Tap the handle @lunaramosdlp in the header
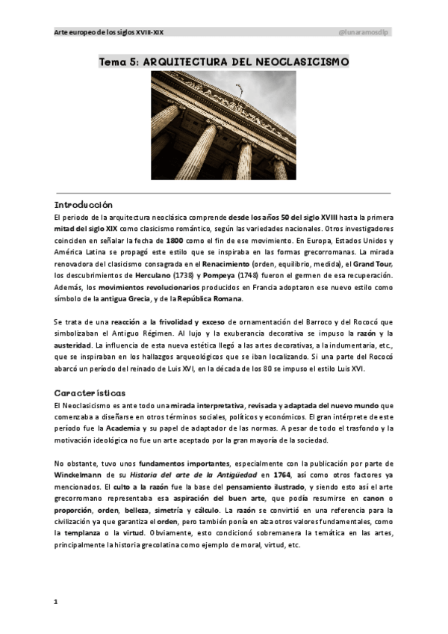pos(365,32)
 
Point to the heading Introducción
pos(83,203)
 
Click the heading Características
pos(90,392)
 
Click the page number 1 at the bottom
pos(56,600)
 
